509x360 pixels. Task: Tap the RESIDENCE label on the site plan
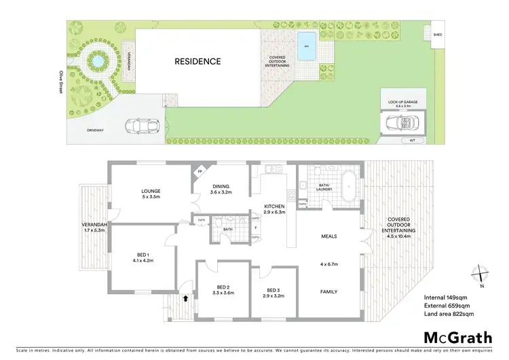pos(197,61)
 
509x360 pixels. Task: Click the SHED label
pos(429,33)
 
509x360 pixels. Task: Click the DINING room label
pos(221,187)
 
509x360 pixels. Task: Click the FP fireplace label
pos(200,172)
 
